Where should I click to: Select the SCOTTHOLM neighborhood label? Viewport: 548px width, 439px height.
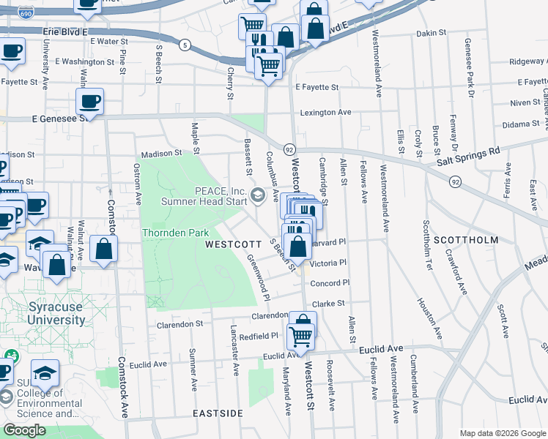465,239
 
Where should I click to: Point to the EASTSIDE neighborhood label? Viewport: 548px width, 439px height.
218,413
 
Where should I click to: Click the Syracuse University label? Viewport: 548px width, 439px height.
56,313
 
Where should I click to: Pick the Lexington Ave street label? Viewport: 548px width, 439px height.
326,113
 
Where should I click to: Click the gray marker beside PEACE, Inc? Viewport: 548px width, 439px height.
257,195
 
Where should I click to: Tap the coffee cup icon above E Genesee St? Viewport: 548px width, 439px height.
89,102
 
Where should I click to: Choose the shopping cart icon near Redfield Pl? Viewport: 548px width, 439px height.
301,337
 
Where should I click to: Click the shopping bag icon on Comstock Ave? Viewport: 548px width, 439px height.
104,248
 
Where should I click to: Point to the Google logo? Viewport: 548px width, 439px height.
24,430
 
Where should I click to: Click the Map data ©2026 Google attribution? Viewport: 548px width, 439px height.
503,433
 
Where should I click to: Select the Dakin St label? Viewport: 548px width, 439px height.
431,33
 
